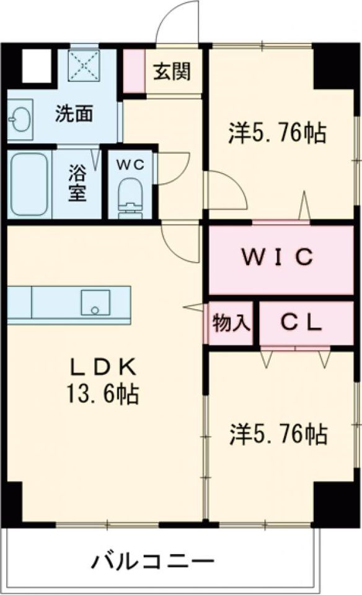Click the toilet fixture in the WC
tap(131, 197)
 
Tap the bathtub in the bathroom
tap(29, 185)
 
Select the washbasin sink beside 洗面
tap(19, 118)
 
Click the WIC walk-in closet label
tap(276, 256)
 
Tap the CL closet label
tap(301, 322)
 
